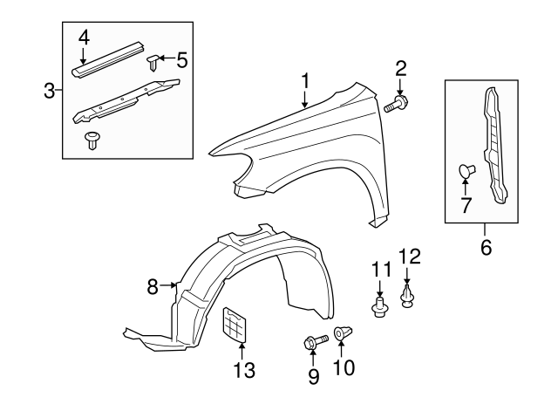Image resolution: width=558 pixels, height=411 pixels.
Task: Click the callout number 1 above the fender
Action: coord(306,81)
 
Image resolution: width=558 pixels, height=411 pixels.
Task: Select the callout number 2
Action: coord(401,68)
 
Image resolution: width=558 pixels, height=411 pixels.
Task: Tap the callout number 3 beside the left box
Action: coord(51,89)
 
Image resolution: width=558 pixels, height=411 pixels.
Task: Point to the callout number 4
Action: coord(84,37)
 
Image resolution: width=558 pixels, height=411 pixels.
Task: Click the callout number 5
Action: coord(181,59)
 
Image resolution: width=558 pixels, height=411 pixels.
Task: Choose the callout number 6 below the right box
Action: coord(486,247)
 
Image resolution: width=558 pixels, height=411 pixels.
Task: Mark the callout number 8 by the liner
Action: coord(153,286)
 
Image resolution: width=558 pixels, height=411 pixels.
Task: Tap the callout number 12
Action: coord(409,256)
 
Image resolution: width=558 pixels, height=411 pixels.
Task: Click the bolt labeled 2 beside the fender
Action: coord(398,106)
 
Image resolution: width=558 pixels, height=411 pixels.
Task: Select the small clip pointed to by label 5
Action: coord(153,61)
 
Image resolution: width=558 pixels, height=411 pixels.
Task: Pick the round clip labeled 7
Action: coord(465,171)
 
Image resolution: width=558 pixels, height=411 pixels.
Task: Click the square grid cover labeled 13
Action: coord(236,326)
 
